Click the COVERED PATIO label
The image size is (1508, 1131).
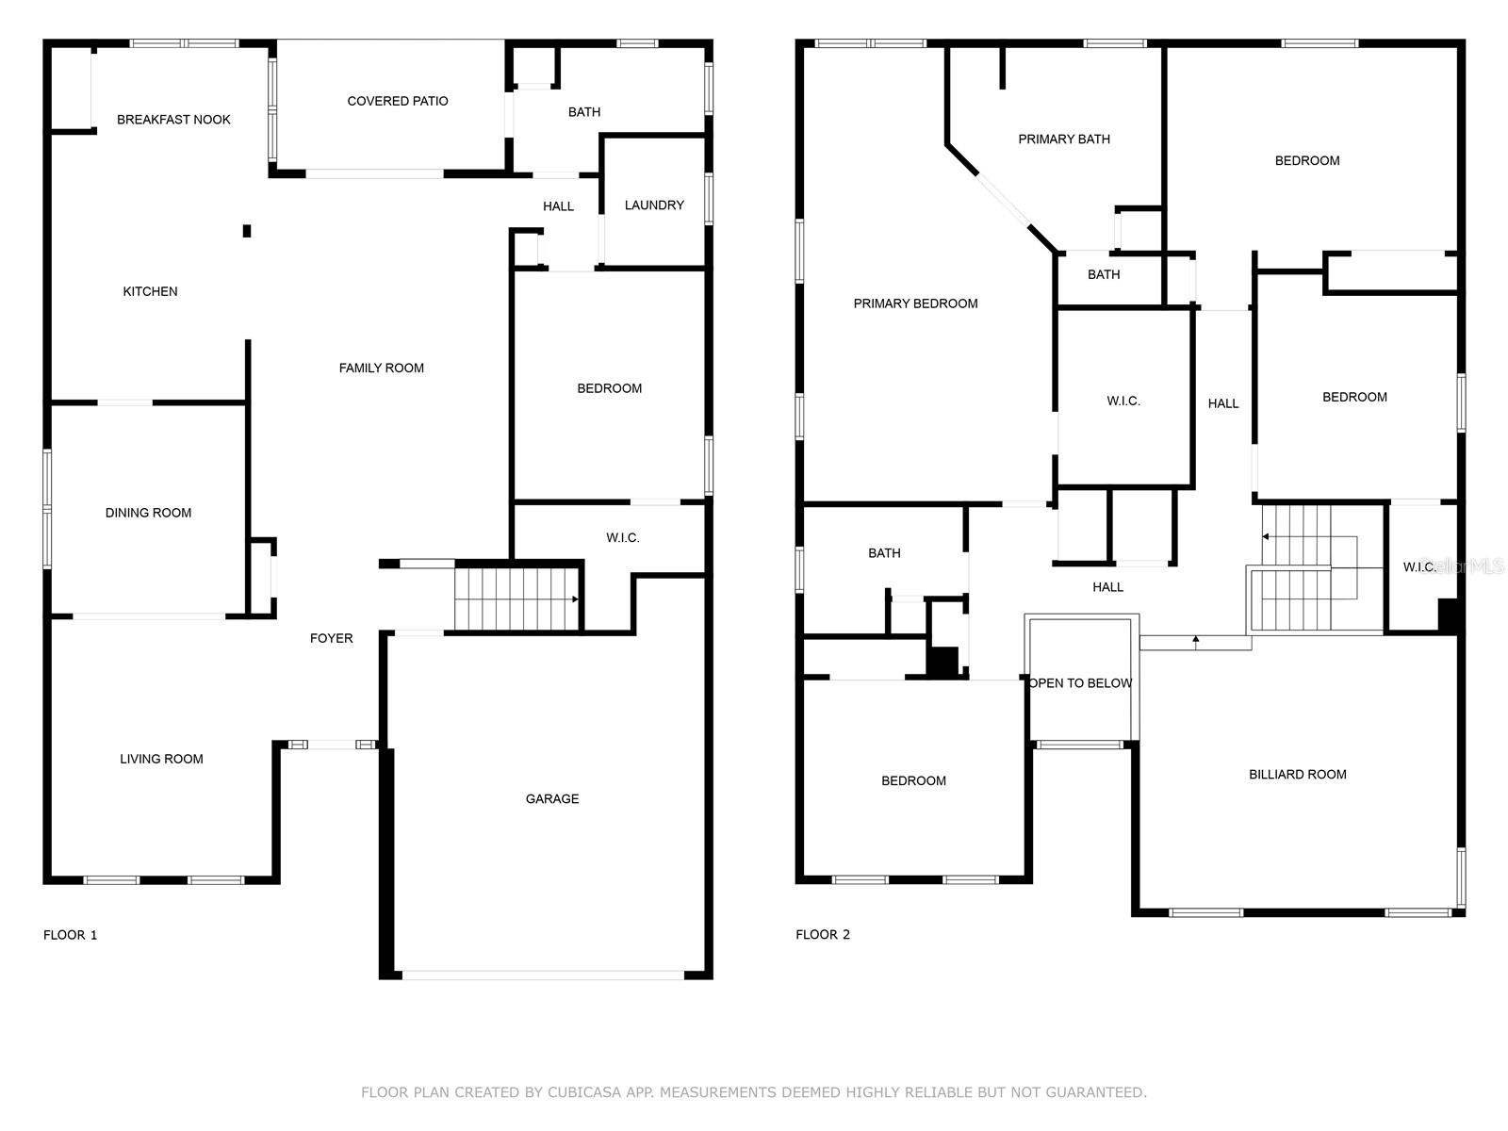click(397, 101)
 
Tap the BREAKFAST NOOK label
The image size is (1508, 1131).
click(173, 120)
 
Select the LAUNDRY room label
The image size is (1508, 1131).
click(654, 205)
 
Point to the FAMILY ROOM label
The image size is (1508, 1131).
click(382, 369)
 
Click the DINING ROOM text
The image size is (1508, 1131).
click(148, 513)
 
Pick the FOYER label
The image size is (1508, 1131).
click(331, 639)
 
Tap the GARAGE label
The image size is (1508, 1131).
click(552, 798)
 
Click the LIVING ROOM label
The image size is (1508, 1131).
click(161, 759)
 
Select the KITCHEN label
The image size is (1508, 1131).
click(150, 292)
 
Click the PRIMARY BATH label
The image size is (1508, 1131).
click(1063, 139)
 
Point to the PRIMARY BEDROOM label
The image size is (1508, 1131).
click(915, 303)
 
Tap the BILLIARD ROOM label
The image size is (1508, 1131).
click(1297, 775)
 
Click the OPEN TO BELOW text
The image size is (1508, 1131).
click(1080, 683)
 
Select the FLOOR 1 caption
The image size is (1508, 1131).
click(70, 935)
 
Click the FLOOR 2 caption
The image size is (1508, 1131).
click(823, 935)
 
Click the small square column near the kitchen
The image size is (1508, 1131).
click(247, 232)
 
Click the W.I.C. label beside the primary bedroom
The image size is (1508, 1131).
click(1123, 402)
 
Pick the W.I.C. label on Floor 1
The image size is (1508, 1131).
click(622, 537)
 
